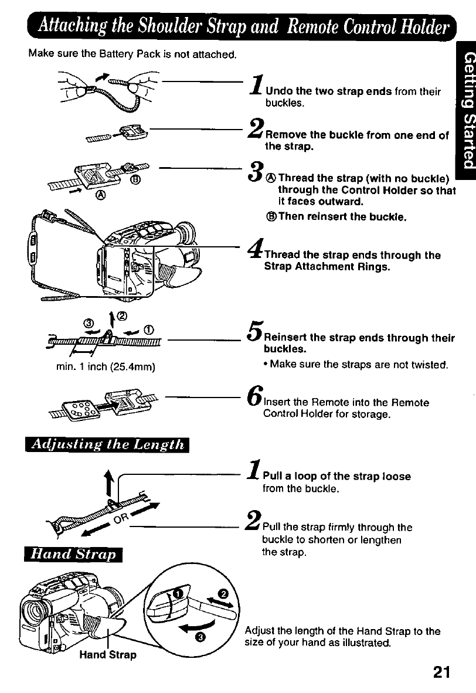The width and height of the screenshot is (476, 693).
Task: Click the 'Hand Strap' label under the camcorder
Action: (108, 655)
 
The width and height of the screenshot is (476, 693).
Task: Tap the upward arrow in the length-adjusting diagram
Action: (108, 475)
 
